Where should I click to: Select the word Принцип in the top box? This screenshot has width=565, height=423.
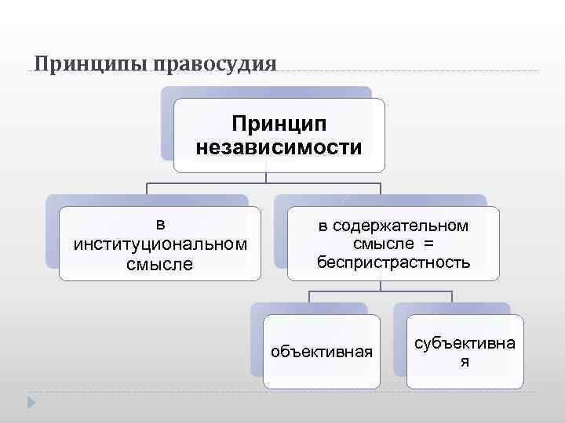pos(279,124)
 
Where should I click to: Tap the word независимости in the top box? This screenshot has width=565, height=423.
pos(279,146)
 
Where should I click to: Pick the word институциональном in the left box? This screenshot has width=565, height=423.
pos(160,244)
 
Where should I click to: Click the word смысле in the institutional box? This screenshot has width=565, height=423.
pos(160,264)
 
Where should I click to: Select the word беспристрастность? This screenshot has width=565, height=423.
pos(393,262)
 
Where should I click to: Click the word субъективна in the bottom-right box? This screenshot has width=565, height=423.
pos(465,344)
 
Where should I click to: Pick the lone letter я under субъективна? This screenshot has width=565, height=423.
pos(465,361)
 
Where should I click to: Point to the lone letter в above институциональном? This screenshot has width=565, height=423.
pos(160,224)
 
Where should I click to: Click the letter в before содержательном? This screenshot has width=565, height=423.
pos(322,226)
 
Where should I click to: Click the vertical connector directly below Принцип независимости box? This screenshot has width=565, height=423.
pos(268,178)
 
